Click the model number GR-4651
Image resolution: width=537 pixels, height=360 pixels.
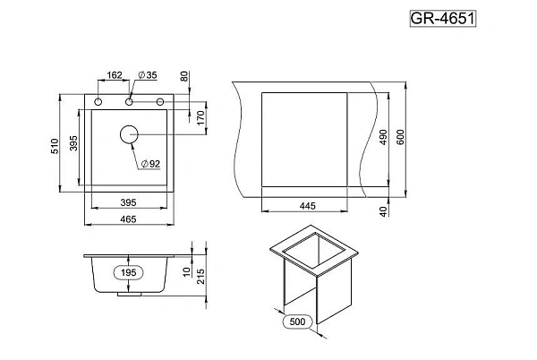point(443,19)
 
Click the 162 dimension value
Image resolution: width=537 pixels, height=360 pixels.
point(115,75)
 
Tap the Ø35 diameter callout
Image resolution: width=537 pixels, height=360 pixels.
point(148,75)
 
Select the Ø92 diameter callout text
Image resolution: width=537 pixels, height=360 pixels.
point(150,164)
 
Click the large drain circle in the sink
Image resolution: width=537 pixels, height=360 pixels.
point(129,134)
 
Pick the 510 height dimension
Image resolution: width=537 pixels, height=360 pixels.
point(55,146)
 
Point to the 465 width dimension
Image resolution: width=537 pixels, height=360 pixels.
point(128,219)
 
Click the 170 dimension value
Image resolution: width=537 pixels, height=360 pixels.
point(201,117)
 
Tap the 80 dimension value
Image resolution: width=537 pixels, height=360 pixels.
point(184,76)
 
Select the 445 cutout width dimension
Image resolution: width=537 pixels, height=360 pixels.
point(308,206)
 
